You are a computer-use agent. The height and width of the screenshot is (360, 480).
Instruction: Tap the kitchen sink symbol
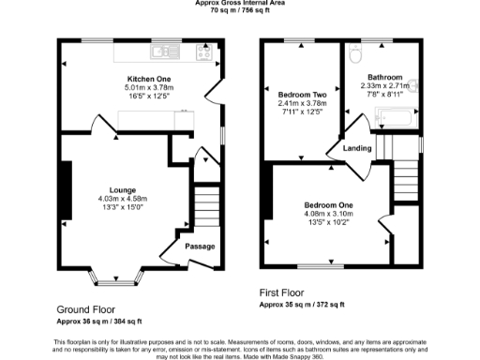point(168,51)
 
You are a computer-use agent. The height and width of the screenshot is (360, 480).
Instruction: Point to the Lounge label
point(123,188)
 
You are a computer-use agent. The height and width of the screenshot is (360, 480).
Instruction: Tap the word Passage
point(200,247)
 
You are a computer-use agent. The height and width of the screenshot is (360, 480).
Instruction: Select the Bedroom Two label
point(303,95)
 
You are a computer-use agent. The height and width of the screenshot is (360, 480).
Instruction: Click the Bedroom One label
point(328,205)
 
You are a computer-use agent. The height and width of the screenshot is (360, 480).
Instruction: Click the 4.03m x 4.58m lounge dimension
point(123,198)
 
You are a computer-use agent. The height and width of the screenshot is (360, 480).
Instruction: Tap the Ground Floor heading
point(86,309)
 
